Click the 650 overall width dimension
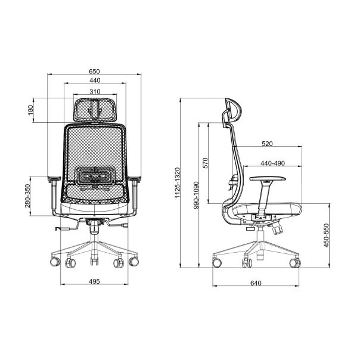(x=94, y=72)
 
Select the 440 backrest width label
(x=95, y=80)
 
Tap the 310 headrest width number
(x=95, y=92)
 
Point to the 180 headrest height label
(x=30, y=110)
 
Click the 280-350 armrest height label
(x=27, y=195)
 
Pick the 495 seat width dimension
(x=94, y=281)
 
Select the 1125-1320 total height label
(x=178, y=183)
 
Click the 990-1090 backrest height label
(x=196, y=195)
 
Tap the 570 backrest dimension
(x=206, y=163)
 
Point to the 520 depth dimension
(x=267, y=144)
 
